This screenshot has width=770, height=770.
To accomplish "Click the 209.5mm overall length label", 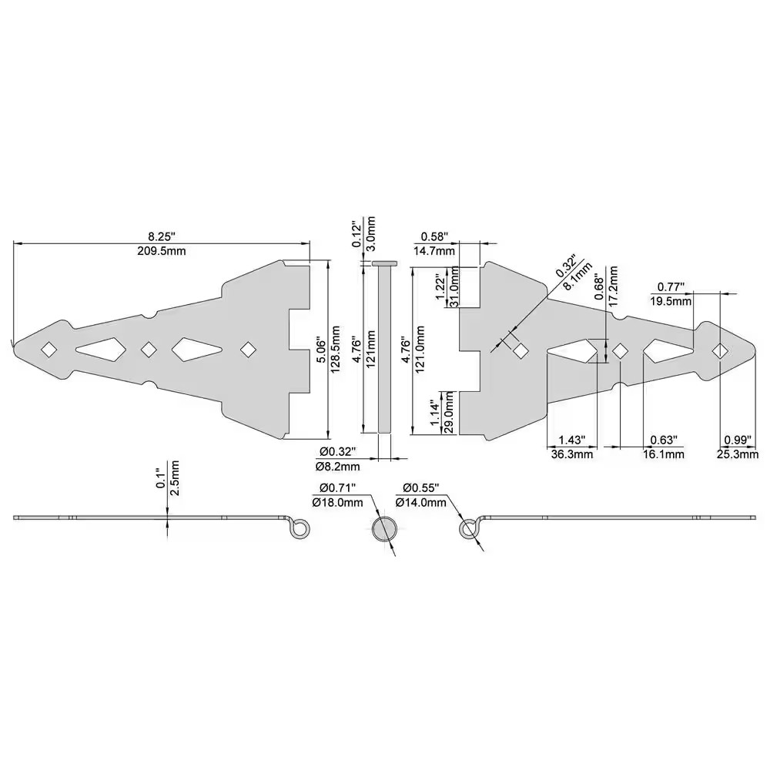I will [161, 251].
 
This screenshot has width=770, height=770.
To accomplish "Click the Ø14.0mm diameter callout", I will [420, 502].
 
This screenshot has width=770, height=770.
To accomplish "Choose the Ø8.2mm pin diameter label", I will [337, 466].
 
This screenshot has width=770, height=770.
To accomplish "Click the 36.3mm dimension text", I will [572, 454].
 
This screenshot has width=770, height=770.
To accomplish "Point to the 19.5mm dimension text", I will [671, 300].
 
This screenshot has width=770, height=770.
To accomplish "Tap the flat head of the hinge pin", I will [384, 263].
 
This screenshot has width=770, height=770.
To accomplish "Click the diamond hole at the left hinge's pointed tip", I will [49, 349].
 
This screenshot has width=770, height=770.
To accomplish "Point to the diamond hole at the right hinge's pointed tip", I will [719, 350].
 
